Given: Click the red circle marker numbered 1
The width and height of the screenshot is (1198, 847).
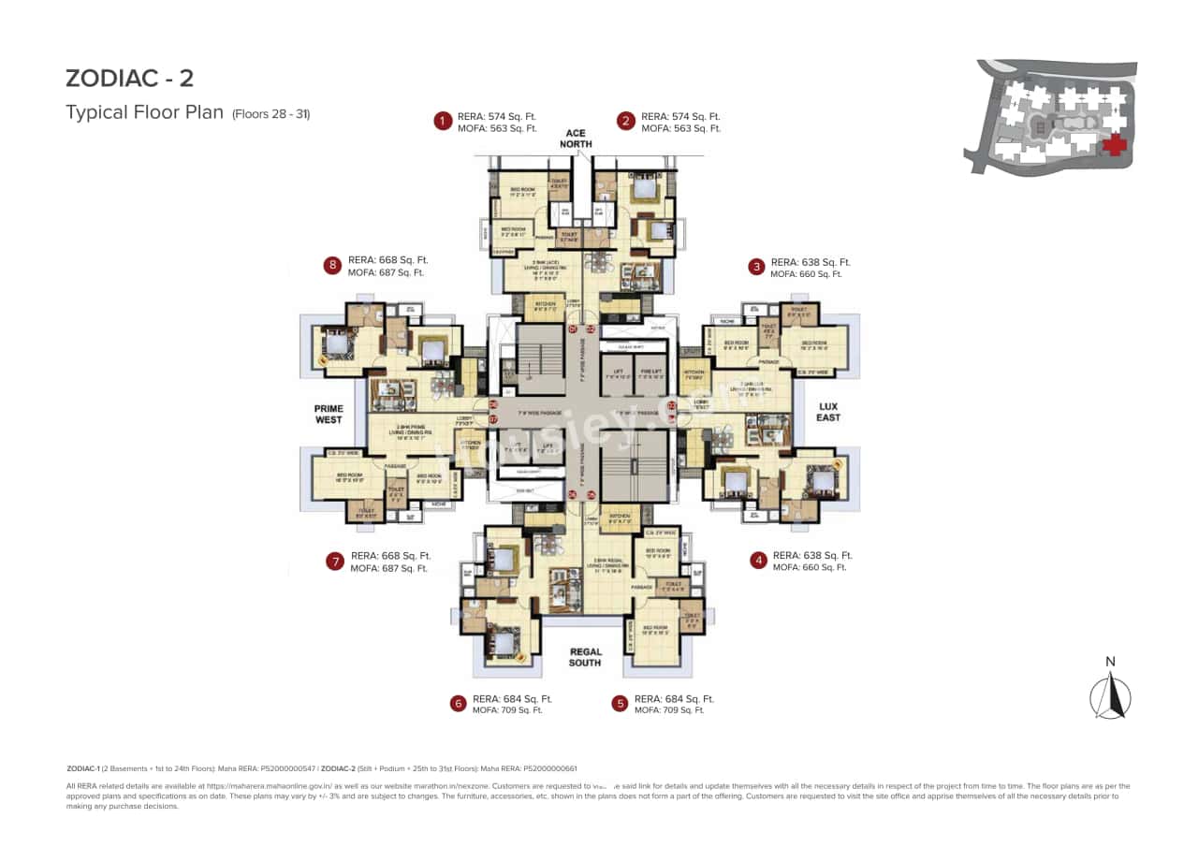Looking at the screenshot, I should point(442,121).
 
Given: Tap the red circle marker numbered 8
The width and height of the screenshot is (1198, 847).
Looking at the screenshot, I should point(332,266).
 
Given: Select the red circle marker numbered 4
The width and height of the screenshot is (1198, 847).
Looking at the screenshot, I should point(759,561).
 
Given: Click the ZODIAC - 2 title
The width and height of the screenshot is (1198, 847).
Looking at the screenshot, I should point(129,78).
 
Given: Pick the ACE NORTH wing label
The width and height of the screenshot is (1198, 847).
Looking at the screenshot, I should point(576,139).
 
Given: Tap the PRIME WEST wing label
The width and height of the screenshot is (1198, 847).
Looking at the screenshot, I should point(328,415).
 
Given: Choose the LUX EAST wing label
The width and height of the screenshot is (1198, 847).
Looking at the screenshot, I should point(827,412).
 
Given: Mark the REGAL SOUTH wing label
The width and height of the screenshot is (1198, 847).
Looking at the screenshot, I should point(586,657).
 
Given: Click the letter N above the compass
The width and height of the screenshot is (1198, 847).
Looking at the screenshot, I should point(1110,662).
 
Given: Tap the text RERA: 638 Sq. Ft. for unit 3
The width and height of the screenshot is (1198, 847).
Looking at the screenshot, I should point(811,262).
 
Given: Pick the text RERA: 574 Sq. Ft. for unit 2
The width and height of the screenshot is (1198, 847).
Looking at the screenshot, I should point(680,116).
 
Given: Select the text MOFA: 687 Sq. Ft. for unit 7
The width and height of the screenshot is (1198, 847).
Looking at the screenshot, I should point(388,568).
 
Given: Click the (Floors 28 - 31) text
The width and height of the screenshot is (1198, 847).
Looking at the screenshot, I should point(270,114).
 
